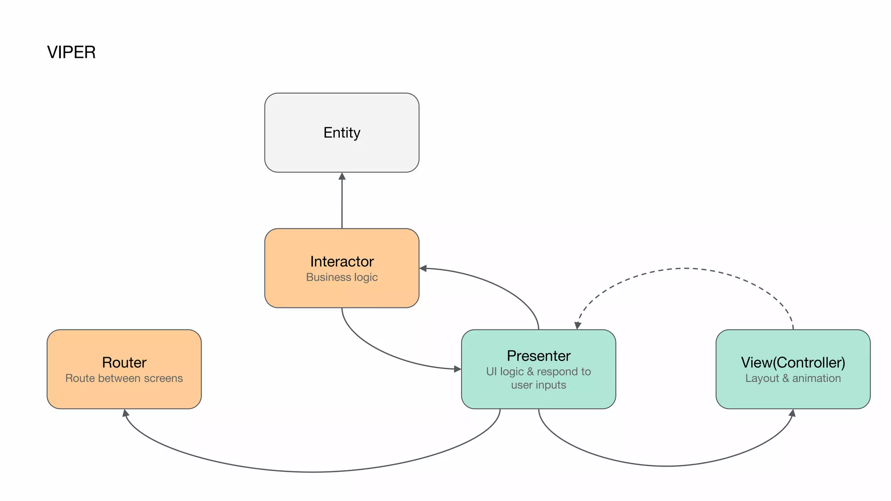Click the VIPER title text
click(71, 52)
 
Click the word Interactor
click(342, 261)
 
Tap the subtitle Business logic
click(342, 277)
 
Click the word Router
click(124, 362)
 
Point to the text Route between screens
click(124, 378)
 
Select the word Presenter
click(538, 356)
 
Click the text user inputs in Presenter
click(538, 385)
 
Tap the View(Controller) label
click(793, 362)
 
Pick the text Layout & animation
click(793, 378)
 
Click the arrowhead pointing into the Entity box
click(342, 176)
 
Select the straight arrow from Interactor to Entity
click(342, 204)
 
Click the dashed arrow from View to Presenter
click(685, 268)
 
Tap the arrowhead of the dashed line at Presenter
click(578, 325)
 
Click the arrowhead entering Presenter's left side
click(457, 369)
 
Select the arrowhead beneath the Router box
click(125, 413)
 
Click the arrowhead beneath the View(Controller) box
click(792, 413)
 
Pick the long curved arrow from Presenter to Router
click(313, 471)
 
